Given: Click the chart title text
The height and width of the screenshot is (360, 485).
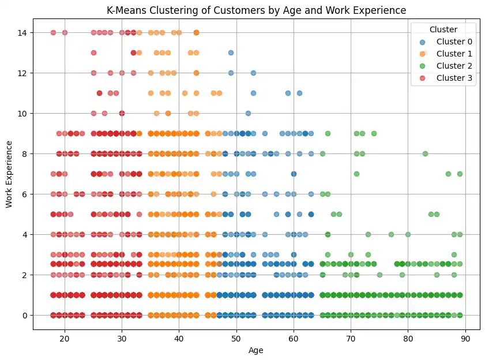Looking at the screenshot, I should (256, 10).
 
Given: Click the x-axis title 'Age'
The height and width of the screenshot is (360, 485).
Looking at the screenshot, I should (256, 351).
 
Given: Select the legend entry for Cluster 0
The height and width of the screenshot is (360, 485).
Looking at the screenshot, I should (454, 42).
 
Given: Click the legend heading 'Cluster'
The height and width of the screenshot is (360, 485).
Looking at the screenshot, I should (442, 29).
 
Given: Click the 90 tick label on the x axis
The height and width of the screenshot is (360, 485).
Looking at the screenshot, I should (465, 339).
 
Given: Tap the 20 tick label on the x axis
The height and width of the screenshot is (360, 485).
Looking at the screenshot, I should (65, 339).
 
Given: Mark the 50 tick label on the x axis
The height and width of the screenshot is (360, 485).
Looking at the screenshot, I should (236, 339).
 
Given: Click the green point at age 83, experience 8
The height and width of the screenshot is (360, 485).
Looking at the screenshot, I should (425, 153).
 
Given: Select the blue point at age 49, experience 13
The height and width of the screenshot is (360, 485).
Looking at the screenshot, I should (231, 52).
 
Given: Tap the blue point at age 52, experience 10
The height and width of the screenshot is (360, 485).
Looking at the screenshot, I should (248, 113).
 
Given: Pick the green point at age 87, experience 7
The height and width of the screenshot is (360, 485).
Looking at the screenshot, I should (448, 174).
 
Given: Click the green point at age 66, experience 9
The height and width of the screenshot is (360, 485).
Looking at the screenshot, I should (328, 133).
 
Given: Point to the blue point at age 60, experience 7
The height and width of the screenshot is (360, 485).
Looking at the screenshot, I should (294, 174).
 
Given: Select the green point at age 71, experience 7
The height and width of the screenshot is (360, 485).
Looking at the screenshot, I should (356, 174).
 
